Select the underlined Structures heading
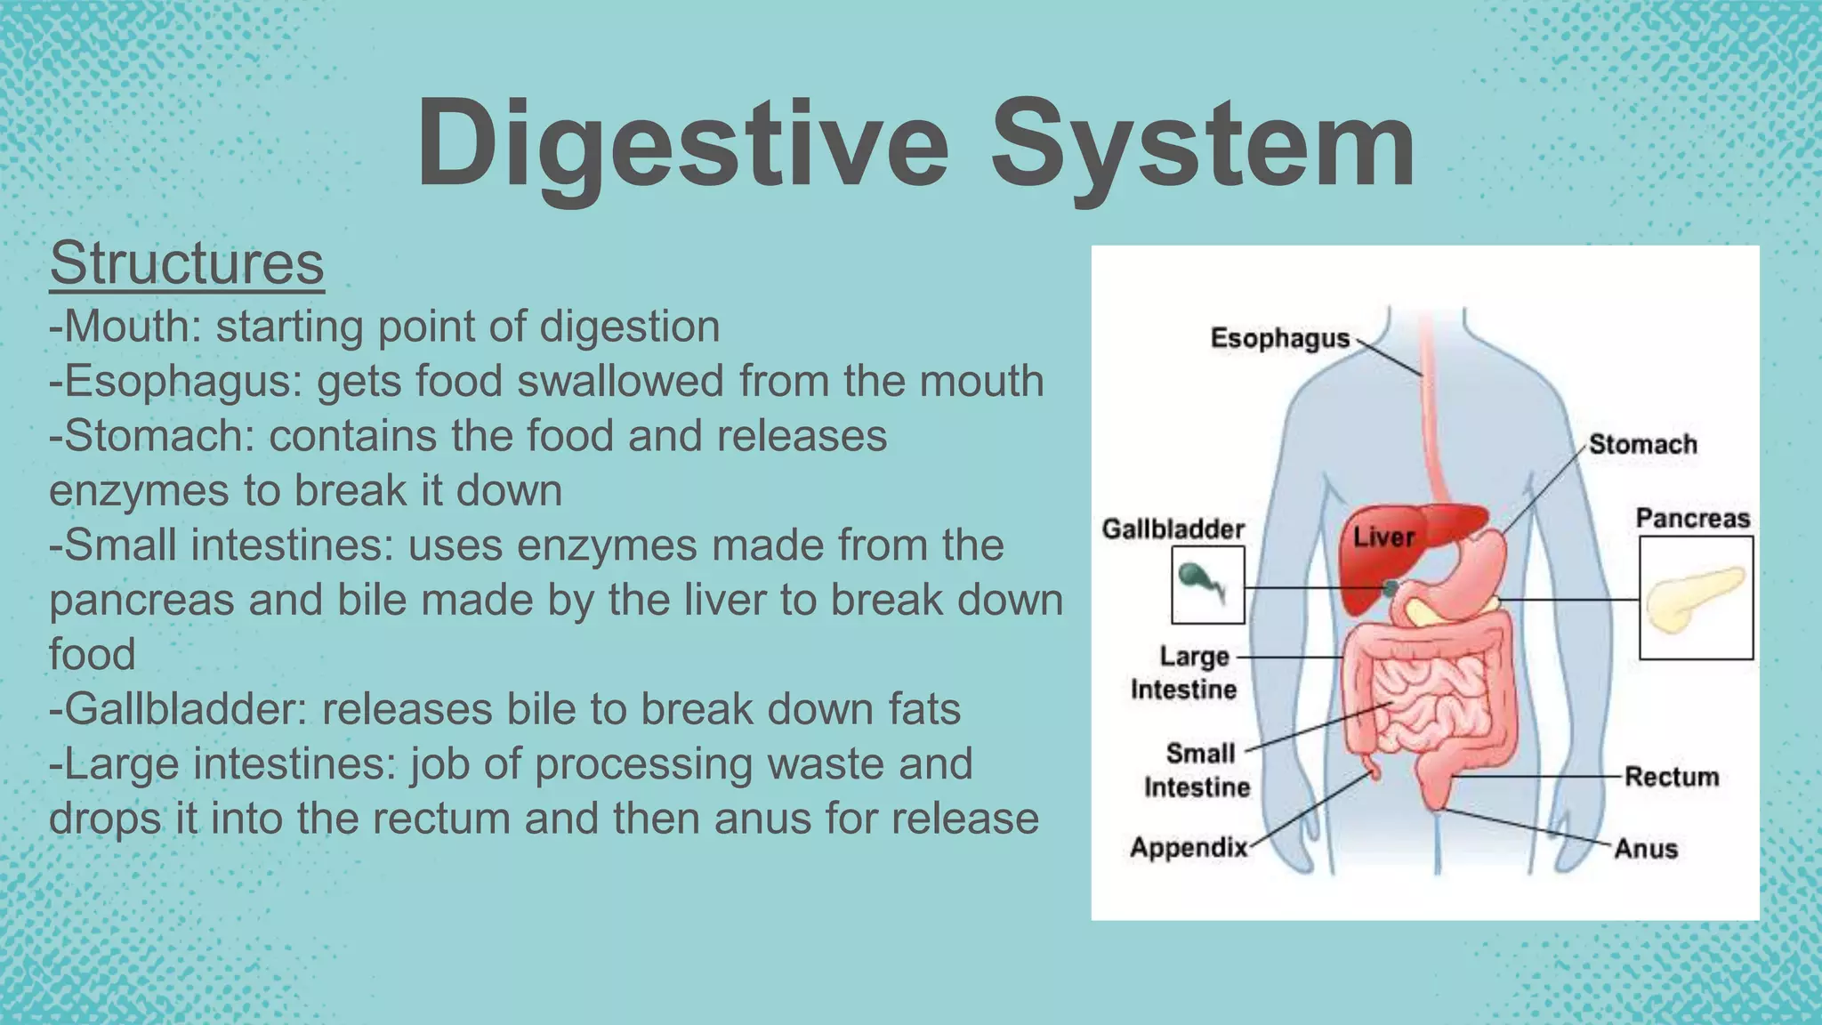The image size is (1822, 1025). [187, 263]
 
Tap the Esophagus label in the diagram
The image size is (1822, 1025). [1279, 339]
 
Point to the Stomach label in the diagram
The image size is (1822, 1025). [1642, 444]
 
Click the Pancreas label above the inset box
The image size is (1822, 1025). [1692, 519]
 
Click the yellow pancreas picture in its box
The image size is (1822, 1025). [1695, 599]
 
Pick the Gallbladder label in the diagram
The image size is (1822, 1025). [1173, 529]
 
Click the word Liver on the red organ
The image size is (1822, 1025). [1383, 537]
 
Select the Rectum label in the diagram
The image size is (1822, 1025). [1671, 777]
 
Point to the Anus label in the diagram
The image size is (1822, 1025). [1646, 849]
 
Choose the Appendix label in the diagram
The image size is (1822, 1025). [1189, 847]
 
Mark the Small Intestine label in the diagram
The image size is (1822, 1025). [1198, 771]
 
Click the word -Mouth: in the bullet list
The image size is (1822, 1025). [125, 327]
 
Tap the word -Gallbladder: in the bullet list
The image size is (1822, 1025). [177, 710]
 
